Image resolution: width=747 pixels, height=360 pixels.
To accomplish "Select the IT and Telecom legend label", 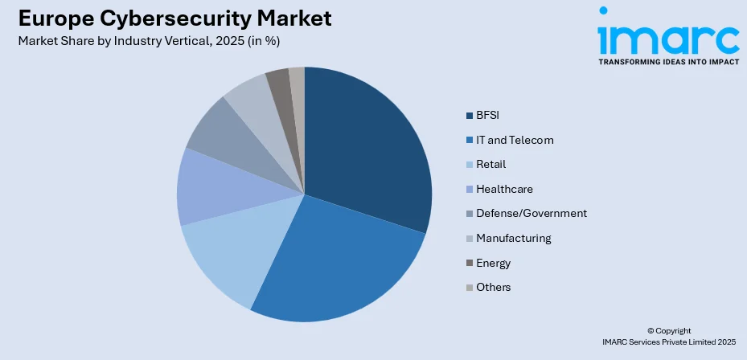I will tap(515, 140).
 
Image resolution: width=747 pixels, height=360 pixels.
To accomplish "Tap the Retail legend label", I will tap(491, 164).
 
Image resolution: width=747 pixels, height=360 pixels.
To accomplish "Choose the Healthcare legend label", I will tap(504, 189).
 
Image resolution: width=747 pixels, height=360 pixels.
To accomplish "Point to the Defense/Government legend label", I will tap(531, 213).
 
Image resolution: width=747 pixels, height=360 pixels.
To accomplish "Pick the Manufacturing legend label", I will tap(513, 238).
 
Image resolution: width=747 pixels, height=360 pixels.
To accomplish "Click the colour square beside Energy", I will tap(469, 263).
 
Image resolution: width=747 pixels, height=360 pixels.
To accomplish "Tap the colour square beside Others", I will tap(469, 287).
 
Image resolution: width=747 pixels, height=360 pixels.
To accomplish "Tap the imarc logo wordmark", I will tap(667, 36).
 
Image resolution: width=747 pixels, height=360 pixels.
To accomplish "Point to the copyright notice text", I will tap(668, 337).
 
